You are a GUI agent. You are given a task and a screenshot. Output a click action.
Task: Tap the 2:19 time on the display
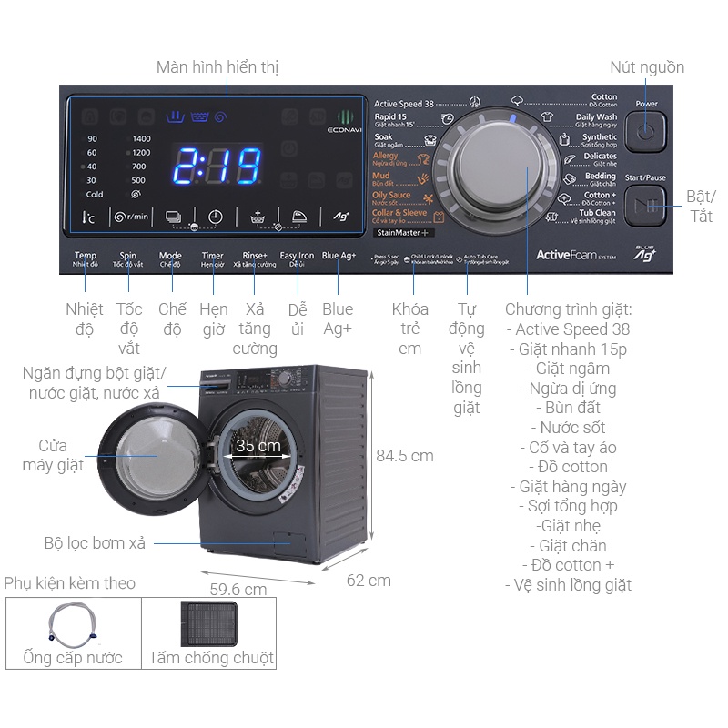pyautogui.click(x=217, y=167)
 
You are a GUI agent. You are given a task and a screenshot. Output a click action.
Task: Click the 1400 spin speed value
pyautogui.click(x=141, y=138)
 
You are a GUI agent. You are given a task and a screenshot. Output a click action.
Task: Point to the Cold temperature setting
pyautogui.click(x=95, y=195)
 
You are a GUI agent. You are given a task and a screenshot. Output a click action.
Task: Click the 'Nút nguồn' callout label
pyautogui.click(x=647, y=67)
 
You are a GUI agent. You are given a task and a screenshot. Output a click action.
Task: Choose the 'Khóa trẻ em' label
pyautogui.click(x=410, y=329)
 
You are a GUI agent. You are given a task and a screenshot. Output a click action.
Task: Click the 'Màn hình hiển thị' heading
pyautogui.click(x=217, y=67)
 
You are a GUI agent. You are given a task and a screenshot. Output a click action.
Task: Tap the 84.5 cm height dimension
pyautogui.click(x=405, y=456)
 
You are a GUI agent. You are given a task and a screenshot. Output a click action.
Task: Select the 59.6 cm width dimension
pyautogui.click(x=238, y=590)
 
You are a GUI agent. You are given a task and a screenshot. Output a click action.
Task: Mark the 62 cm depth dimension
pyautogui.click(x=369, y=580)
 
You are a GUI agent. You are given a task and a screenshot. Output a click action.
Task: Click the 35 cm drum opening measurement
pyautogui.click(x=258, y=447)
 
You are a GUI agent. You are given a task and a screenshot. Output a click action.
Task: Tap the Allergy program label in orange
pyautogui.click(x=386, y=157)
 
